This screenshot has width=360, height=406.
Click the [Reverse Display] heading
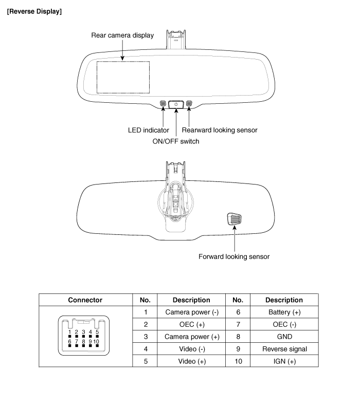click(34, 11)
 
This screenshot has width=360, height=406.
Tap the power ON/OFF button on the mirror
click(176, 104)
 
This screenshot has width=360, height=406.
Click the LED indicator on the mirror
click(163, 104)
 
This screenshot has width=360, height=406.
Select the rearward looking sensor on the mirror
click(189, 104)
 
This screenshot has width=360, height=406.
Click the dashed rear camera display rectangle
click(123, 78)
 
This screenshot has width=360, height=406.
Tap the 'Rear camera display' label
click(122, 35)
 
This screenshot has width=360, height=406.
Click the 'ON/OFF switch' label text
click(176, 141)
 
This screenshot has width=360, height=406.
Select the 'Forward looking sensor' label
click(234, 256)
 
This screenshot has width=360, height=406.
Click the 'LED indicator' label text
click(149, 130)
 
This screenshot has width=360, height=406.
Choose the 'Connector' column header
click(85, 300)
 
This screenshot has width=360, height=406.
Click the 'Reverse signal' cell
click(284, 349)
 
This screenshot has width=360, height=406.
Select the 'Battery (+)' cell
click(284, 312)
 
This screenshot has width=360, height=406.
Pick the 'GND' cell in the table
click(284, 337)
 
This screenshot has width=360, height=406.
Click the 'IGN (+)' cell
click(284, 361)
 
